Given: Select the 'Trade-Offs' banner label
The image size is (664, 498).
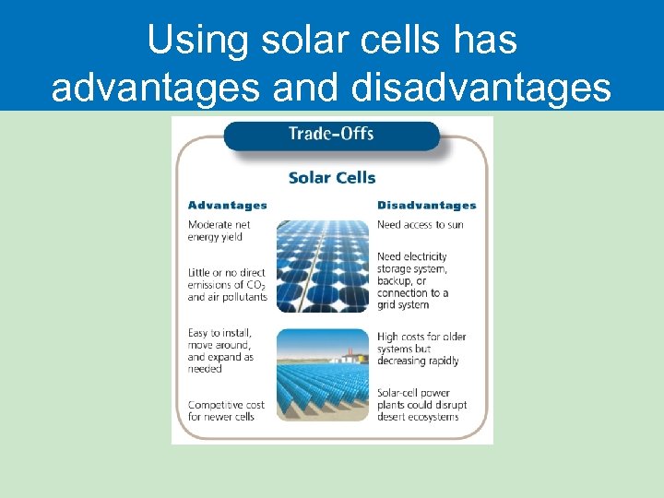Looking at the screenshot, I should [331, 134].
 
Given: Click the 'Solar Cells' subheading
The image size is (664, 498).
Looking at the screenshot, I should [332, 177].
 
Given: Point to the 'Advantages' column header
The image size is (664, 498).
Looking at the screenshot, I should [227, 205].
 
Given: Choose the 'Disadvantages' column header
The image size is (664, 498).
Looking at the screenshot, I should [426, 205].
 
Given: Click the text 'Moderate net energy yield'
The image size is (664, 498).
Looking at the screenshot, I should [219, 231].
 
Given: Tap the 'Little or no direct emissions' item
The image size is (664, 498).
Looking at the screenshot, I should [227, 285].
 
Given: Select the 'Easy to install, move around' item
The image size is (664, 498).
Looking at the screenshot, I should [220, 350].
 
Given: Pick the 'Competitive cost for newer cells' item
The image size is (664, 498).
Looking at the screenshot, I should [226, 410].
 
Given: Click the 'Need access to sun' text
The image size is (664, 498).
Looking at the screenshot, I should [420, 225].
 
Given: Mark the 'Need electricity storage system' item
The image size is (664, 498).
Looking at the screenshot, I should [413, 280].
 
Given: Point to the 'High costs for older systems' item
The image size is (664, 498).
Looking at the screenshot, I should [418, 349].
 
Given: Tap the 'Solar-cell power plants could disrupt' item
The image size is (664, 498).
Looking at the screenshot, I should [421, 405].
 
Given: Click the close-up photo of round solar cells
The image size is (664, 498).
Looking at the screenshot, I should [323, 267].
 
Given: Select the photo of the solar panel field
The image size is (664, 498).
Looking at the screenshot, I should [323, 387].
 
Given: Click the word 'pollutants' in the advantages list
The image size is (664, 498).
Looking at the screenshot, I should [243, 297].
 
